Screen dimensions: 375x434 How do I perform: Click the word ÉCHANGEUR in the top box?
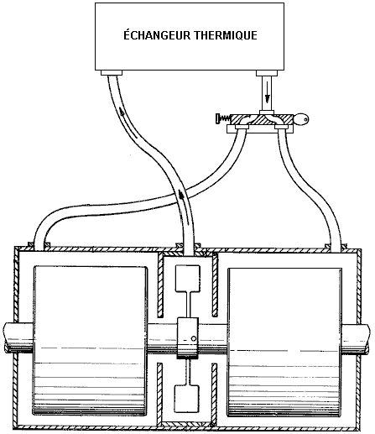(x=157, y=34)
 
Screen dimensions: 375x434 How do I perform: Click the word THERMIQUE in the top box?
(x=226, y=35)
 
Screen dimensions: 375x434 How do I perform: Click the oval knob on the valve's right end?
(x=301, y=119)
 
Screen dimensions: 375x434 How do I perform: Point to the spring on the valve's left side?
(x=224, y=118)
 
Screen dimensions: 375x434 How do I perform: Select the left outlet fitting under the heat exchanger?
(x=112, y=73)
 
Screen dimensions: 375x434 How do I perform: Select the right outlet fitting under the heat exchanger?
(x=267, y=73)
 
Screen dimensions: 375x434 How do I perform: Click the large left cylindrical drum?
(x=90, y=340)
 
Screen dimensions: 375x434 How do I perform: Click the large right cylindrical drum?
(x=284, y=342)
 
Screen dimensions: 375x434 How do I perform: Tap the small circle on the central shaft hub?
(x=194, y=338)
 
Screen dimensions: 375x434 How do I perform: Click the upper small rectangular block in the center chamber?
(x=187, y=278)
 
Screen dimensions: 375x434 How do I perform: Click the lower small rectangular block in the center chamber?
(x=187, y=399)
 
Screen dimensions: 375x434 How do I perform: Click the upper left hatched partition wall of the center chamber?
(x=160, y=285)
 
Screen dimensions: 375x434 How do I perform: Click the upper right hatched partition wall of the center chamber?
(x=215, y=285)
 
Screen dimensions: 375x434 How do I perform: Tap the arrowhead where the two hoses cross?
(x=181, y=194)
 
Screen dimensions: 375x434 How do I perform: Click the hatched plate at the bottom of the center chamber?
(x=187, y=424)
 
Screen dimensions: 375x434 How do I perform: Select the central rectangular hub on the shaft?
(x=188, y=337)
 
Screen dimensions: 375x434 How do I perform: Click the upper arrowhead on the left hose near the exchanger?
(x=122, y=112)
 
